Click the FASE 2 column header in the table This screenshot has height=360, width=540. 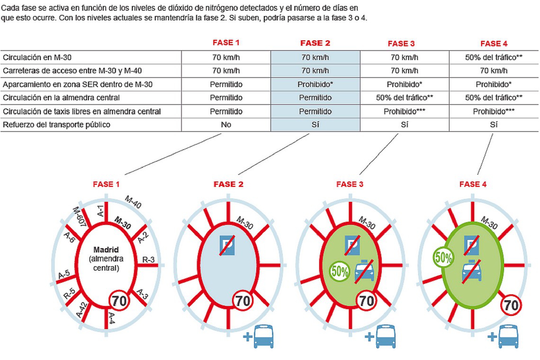pos(315,43)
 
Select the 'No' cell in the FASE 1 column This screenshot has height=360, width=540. pos(226,125)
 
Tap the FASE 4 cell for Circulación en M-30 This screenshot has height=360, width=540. pos(494,57)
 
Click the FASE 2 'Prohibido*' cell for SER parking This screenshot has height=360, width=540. pos(315,84)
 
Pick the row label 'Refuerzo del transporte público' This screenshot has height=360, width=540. pos(57,125)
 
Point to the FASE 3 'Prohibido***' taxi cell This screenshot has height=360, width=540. pos(404,112)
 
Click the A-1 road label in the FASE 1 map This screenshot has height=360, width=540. pos(100,211)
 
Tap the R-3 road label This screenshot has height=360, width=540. pos(148,260)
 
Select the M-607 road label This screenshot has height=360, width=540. pos(80,217)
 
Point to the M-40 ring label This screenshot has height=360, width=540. pos(133,202)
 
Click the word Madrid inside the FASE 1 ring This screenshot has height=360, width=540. pos(106,250)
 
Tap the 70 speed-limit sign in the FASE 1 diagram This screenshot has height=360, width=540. pos(119,301)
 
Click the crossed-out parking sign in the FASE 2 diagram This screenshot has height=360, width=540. pos(227,245)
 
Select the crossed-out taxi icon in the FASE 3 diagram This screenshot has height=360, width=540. pos(364,271)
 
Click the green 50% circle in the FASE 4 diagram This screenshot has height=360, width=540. pos(443,257)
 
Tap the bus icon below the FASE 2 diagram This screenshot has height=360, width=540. pos(264,336)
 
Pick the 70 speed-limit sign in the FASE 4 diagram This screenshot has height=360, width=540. pos(511,305)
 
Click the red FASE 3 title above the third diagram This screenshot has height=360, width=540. pos(350,184)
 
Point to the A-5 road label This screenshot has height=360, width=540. pos(64,274)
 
